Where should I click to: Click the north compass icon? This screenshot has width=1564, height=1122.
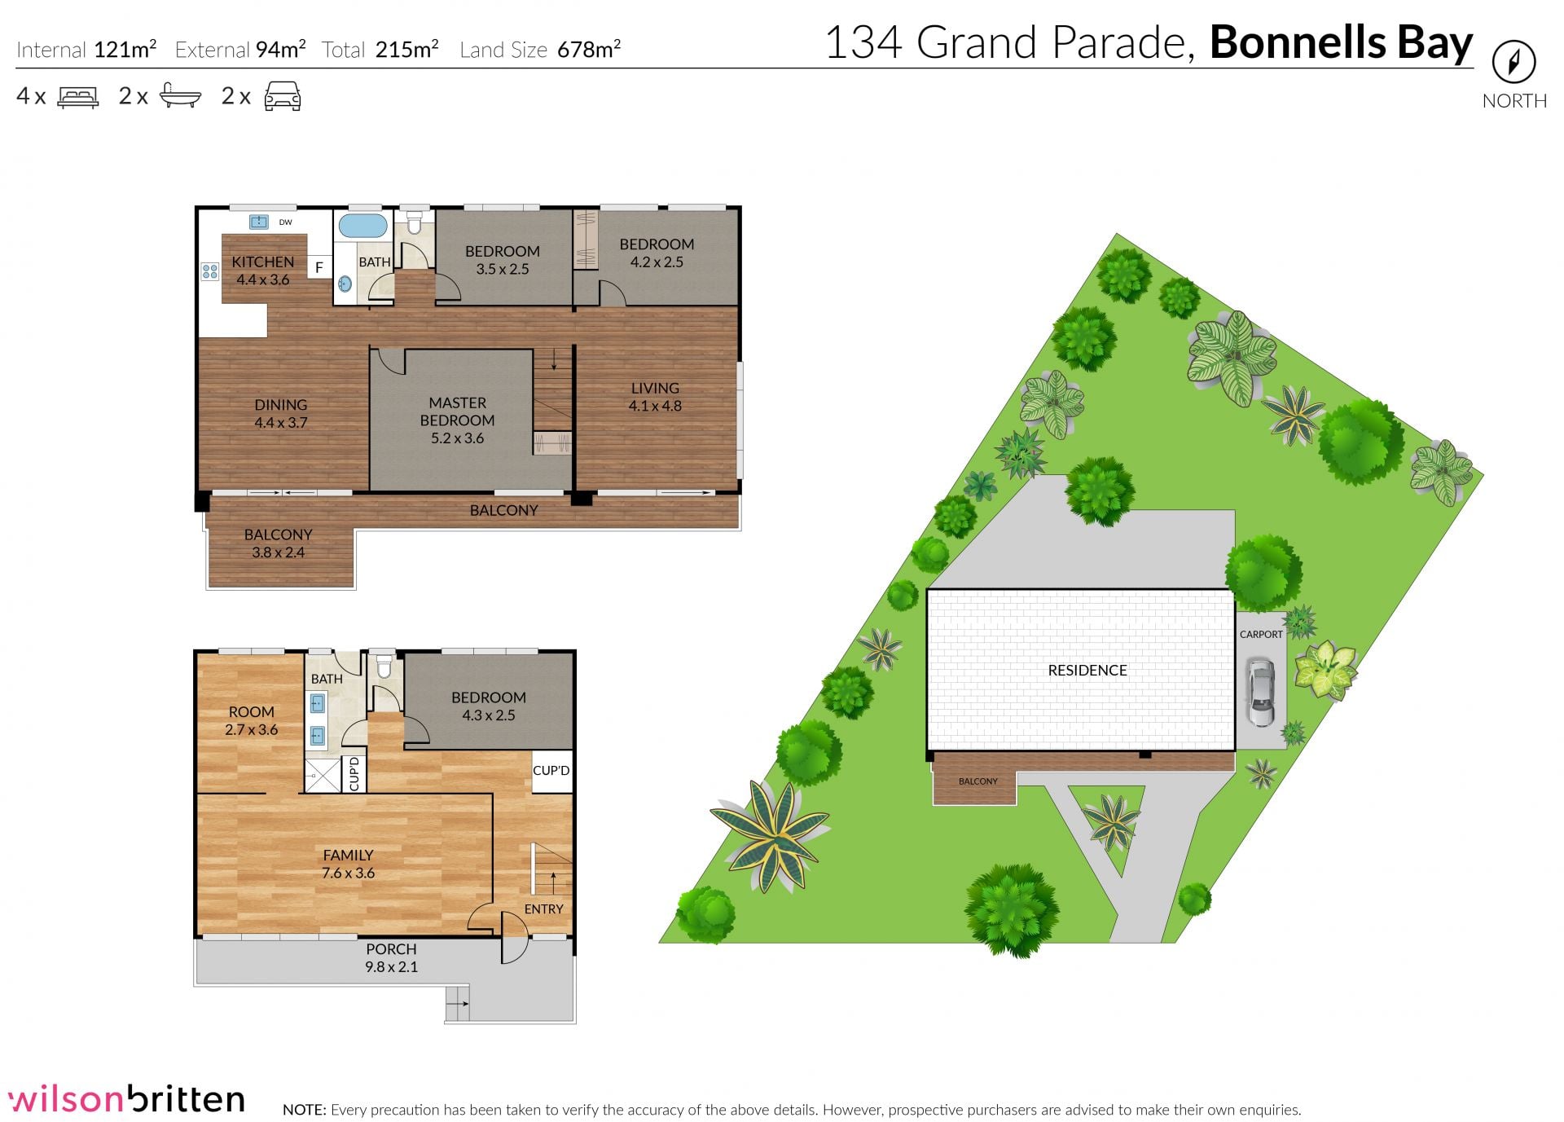[x=1513, y=62]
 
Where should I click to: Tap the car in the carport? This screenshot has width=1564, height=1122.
[x=1260, y=693]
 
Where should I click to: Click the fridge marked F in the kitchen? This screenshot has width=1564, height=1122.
[x=319, y=267]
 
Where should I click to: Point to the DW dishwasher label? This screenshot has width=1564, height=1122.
[x=285, y=222]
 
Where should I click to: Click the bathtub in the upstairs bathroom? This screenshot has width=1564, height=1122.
[x=362, y=226]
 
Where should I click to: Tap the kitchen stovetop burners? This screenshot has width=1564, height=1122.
[x=210, y=271]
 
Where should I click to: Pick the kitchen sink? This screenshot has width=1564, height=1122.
[x=259, y=222]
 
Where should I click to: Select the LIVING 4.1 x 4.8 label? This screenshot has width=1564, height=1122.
[x=655, y=397]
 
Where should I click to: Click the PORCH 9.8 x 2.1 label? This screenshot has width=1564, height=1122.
[x=391, y=958]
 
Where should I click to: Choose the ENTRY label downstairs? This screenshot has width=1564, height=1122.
[x=543, y=909]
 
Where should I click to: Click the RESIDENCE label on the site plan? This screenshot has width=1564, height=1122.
[x=1087, y=671]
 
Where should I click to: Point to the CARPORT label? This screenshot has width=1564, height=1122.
[x=1261, y=634]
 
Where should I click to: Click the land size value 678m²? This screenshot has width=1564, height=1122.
[x=589, y=49]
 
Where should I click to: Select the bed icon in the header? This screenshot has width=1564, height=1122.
[x=78, y=97]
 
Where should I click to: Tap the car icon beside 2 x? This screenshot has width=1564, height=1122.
[x=283, y=96]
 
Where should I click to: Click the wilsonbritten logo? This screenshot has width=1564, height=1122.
[x=126, y=1099]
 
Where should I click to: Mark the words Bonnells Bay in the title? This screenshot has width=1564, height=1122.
[x=1341, y=42]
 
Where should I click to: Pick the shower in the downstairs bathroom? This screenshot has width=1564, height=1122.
[x=322, y=775]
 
